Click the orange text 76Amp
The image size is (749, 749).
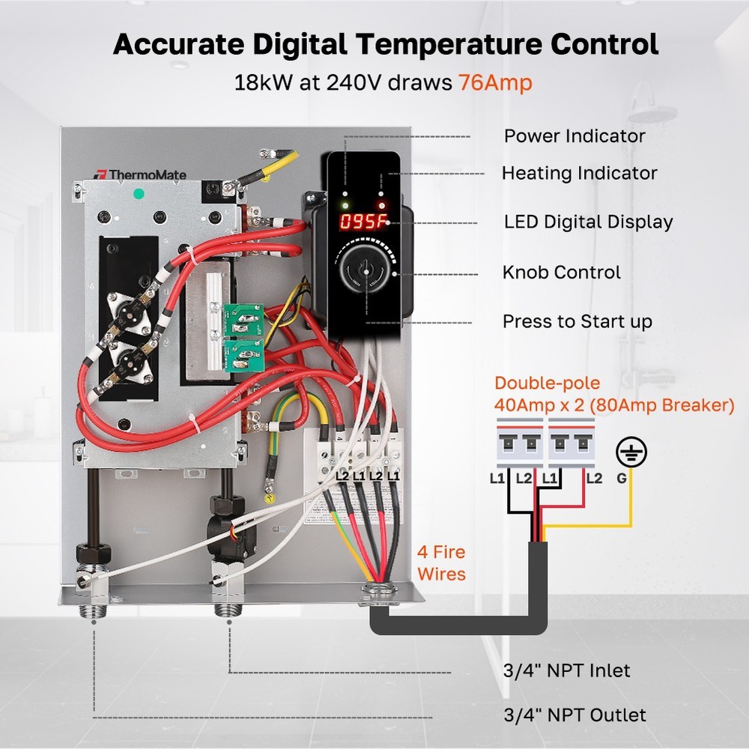pyautogui.click(x=495, y=82)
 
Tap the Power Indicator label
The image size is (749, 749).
pyautogui.click(x=574, y=136)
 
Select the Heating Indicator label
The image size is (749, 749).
pyautogui.click(x=579, y=173)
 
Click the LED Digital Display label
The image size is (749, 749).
pyautogui.click(x=588, y=222)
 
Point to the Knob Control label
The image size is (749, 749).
pyautogui.click(x=562, y=272)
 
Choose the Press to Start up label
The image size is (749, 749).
pyautogui.click(x=577, y=321)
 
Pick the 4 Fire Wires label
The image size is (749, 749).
pyautogui.click(x=441, y=563)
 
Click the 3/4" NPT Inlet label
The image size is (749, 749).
pyautogui.click(x=567, y=670)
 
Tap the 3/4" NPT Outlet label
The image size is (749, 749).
pyautogui.click(x=574, y=715)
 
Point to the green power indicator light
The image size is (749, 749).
pyautogui.click(x=345, y=204)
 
